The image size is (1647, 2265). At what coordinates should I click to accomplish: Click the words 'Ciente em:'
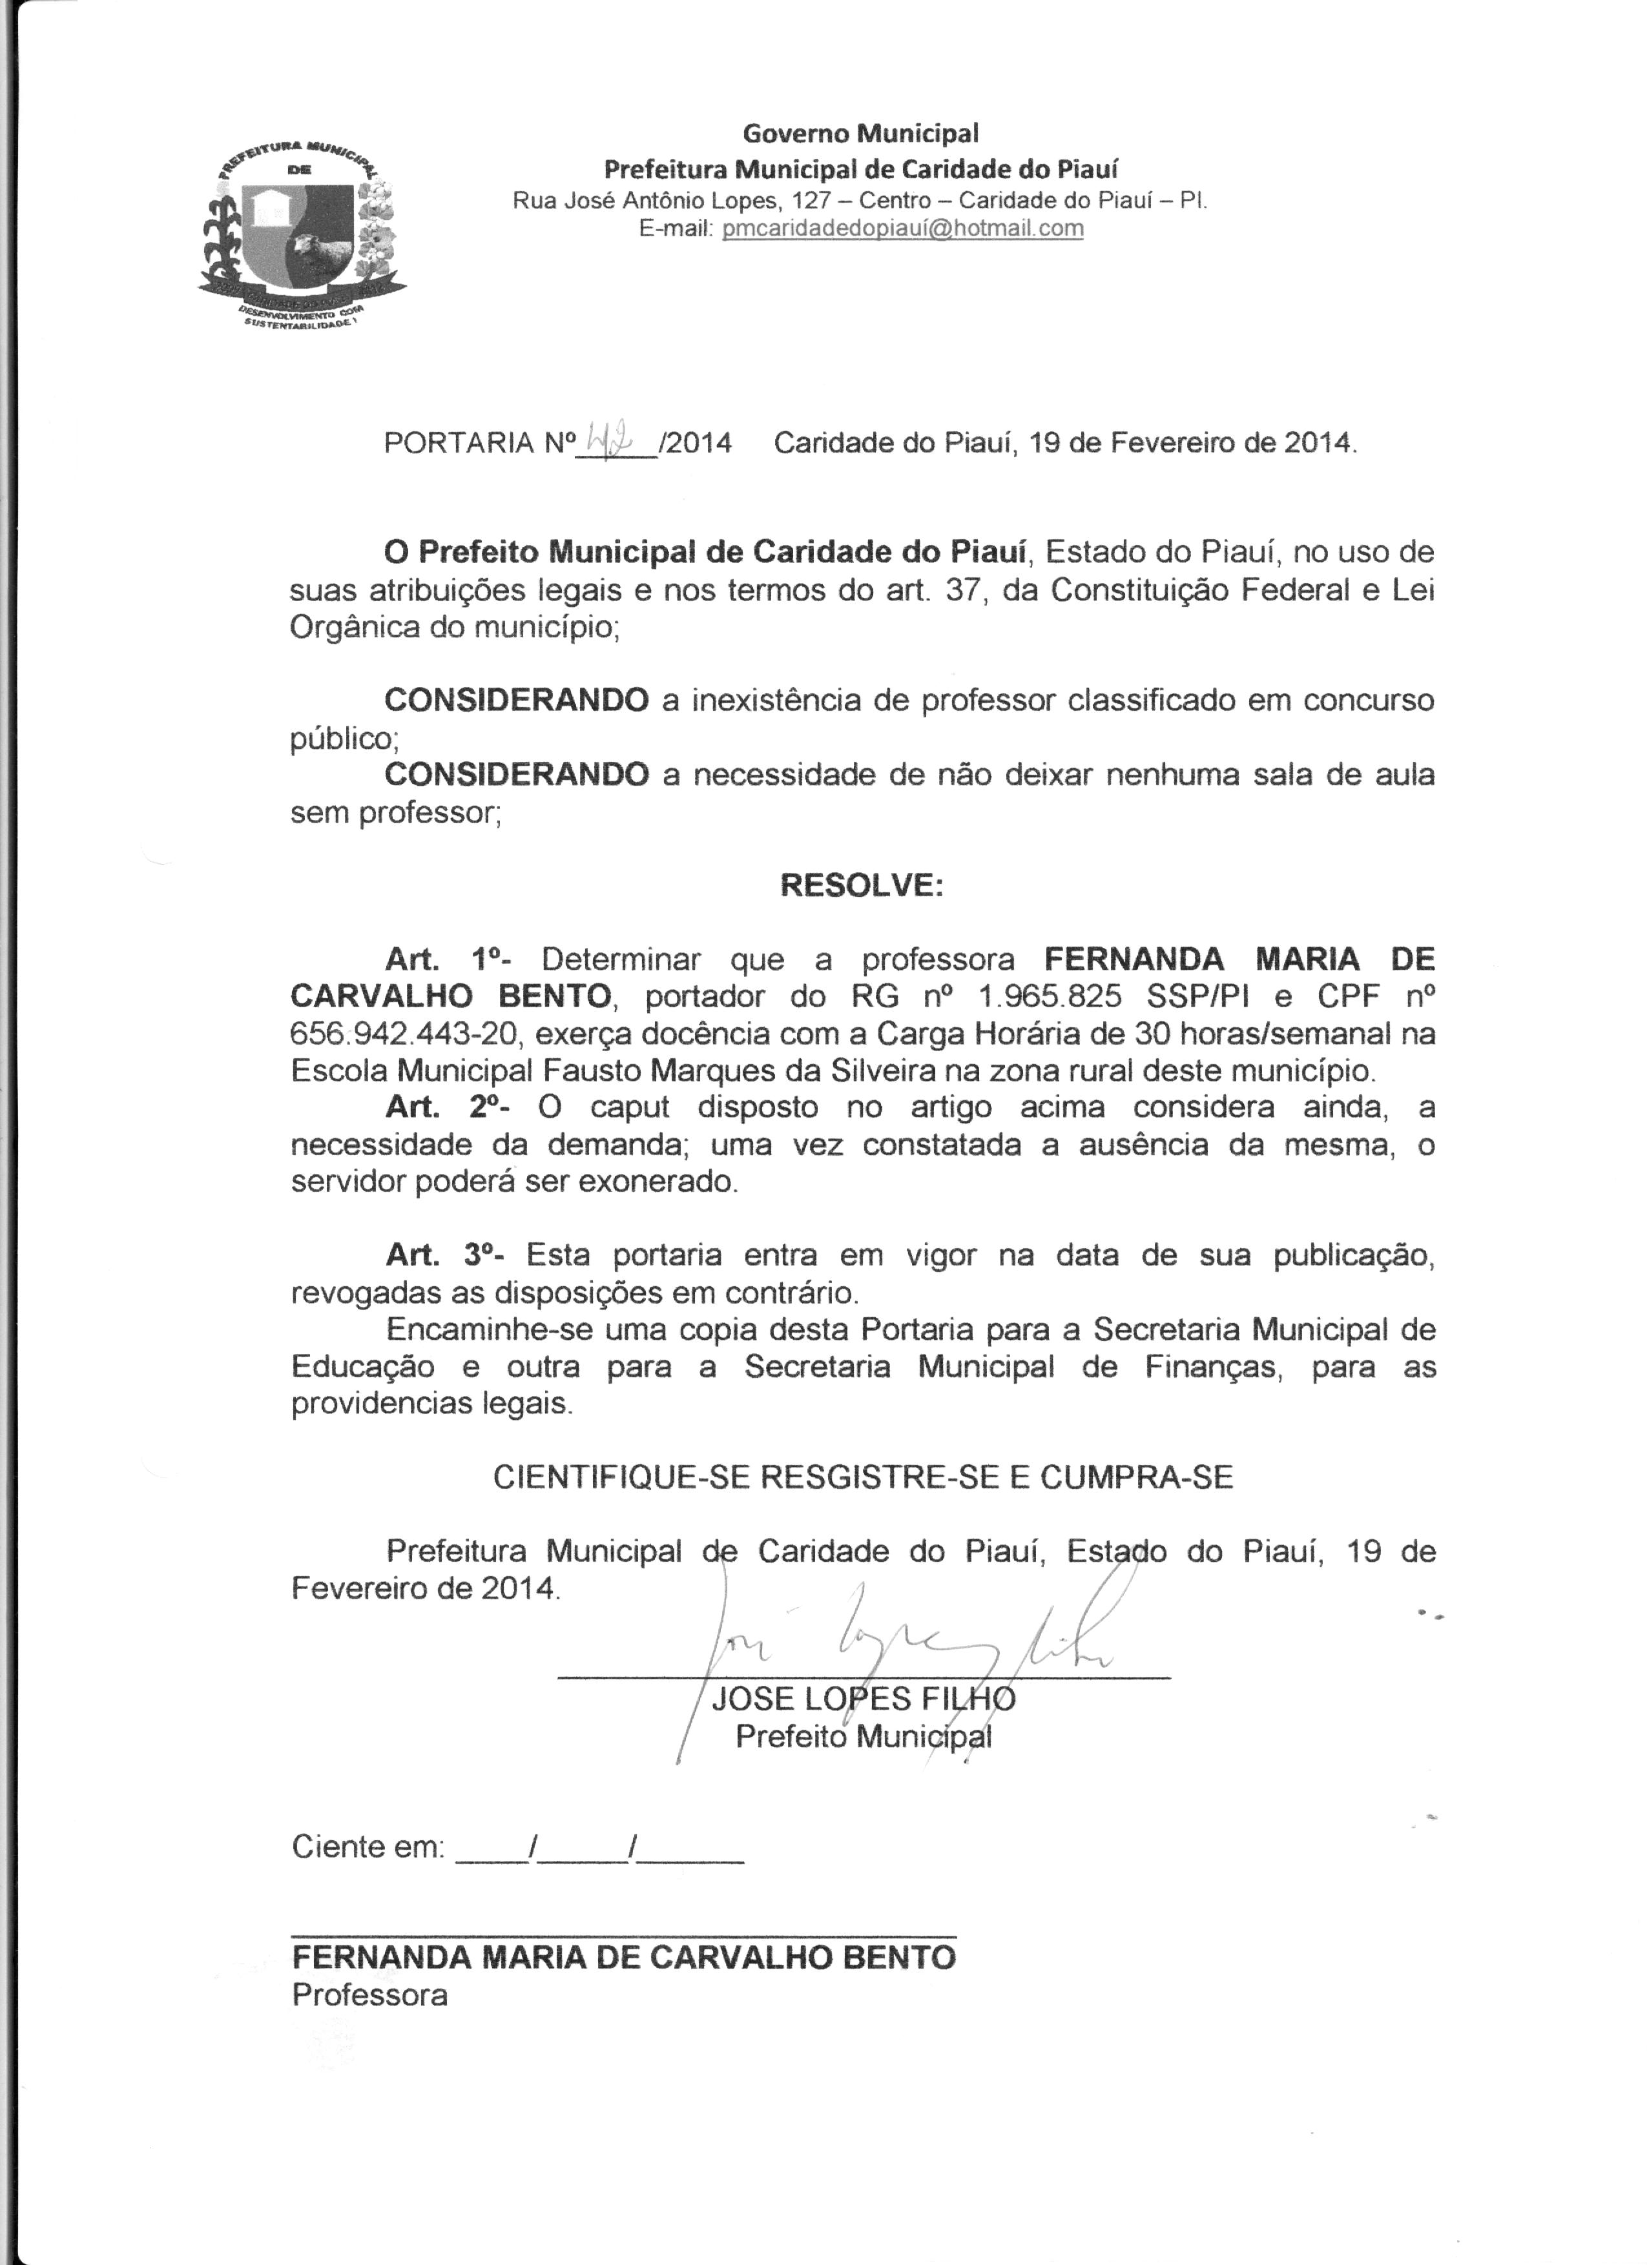(x=368, y=1847)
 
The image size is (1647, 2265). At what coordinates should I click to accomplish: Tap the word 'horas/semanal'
(x=1278, y=1034)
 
